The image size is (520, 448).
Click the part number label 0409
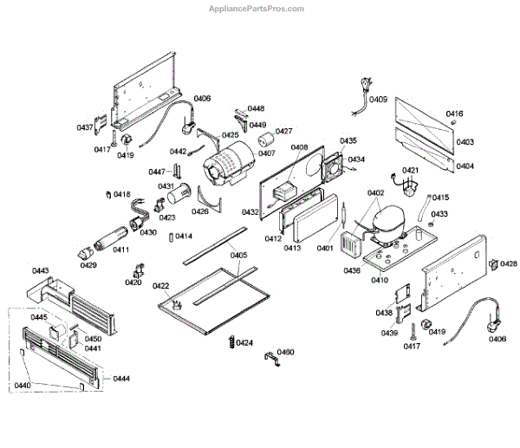click(x=378, y=100)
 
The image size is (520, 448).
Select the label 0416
click(x=454, y=114)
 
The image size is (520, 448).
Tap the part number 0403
click(x=465, y=142)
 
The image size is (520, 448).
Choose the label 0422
click(x=160, y=286)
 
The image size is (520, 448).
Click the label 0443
click(x=41, y=272)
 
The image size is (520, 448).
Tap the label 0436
click(x=351, y=271)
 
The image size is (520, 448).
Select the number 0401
click(x=325, y=249)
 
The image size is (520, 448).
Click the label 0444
click(x=121, y=379)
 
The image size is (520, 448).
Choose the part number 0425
click(x=230, y=135)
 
